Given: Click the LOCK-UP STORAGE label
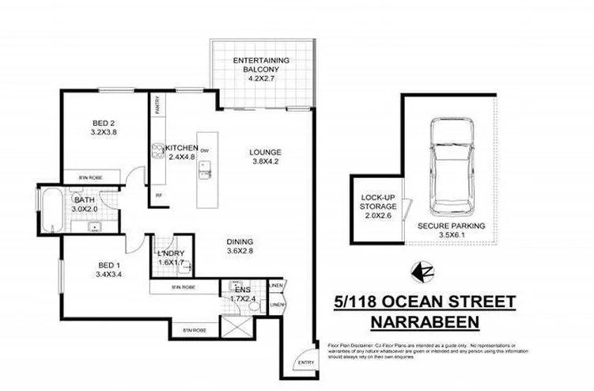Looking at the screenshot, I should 377,204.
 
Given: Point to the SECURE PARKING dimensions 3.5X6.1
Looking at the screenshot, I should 452,236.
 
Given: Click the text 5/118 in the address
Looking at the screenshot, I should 353,302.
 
